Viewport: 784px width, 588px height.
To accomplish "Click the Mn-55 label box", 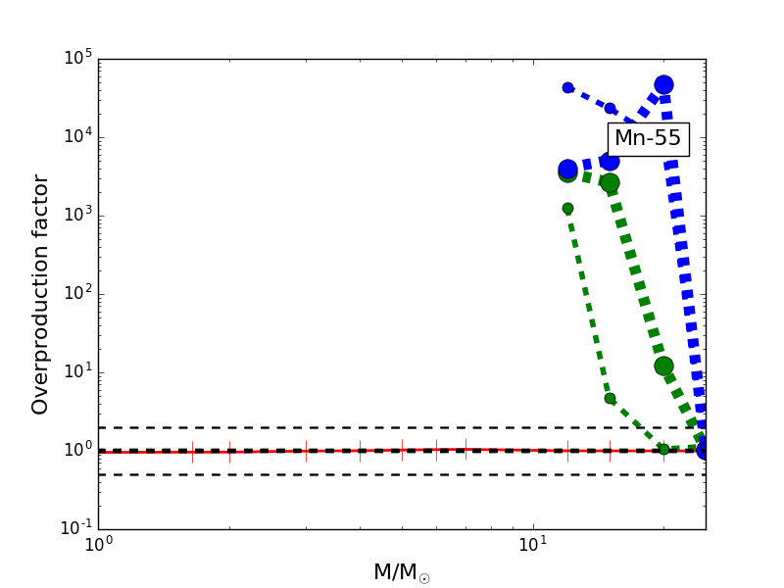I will coord(648,139).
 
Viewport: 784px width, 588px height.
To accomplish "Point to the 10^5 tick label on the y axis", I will coord(78,59).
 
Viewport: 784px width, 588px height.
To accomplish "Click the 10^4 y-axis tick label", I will coord(78,137).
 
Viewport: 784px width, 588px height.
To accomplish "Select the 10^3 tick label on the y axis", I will coord(78,216).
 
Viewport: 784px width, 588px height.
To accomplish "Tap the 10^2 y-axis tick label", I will coord(78,294).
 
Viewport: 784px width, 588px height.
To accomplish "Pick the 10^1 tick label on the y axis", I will coord(78,372).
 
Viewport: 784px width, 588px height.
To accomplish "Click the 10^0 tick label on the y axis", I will coord(78,451).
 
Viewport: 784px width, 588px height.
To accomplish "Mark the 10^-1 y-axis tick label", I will coord(76,529).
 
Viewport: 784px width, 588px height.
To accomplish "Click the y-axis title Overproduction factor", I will coord(40,294).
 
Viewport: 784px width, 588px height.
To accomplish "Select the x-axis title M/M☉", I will coord(401,572).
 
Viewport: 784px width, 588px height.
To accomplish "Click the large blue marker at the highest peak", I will coord(663,85).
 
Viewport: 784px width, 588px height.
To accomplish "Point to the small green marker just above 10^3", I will coord(567,209).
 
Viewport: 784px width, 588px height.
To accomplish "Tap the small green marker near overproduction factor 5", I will coord(610,399).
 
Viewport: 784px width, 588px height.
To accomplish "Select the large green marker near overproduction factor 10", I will coord(663,366).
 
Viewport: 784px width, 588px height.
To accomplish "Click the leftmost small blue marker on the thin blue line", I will coord(567,87).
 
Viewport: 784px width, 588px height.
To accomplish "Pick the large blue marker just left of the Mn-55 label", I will coord(610,161).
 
